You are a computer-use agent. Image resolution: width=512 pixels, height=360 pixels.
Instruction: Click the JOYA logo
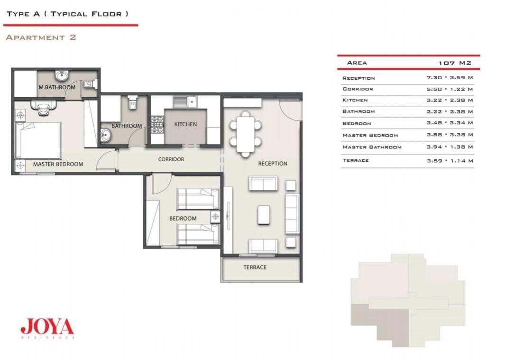coord(47,326)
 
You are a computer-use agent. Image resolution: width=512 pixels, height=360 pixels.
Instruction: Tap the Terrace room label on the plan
coord(255,267)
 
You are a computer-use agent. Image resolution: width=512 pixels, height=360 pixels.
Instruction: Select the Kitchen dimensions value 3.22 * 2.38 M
coord(449,100)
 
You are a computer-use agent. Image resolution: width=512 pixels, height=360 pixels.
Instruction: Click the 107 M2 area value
coord(455,63)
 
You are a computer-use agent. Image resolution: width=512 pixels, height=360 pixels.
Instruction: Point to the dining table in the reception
coord(246,133)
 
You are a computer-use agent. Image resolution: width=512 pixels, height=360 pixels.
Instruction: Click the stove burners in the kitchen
coord(157,125)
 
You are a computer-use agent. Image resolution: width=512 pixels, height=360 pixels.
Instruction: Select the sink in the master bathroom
coord(61,76)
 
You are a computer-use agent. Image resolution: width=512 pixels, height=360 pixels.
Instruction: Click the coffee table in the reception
coord(264,215)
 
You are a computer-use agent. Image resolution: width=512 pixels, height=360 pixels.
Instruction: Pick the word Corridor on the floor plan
coord(171,159)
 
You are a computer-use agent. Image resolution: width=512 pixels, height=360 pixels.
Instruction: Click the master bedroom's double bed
coord(38,140)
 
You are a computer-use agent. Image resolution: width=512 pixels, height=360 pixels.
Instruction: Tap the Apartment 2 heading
coord(41,37)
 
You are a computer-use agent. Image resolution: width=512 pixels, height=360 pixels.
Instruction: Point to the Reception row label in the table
coord(358,78)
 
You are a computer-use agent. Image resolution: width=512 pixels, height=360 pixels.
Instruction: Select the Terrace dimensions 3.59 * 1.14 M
coord(449,161)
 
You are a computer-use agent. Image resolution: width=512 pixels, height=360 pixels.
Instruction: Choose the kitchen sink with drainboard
coord(185,102)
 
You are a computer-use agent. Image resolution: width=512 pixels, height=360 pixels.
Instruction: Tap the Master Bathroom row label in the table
coord(372,148)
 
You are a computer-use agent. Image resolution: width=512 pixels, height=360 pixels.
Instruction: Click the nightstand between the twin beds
coord(215,216)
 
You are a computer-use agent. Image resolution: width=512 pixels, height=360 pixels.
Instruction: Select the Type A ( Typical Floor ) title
coord(68,14)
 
